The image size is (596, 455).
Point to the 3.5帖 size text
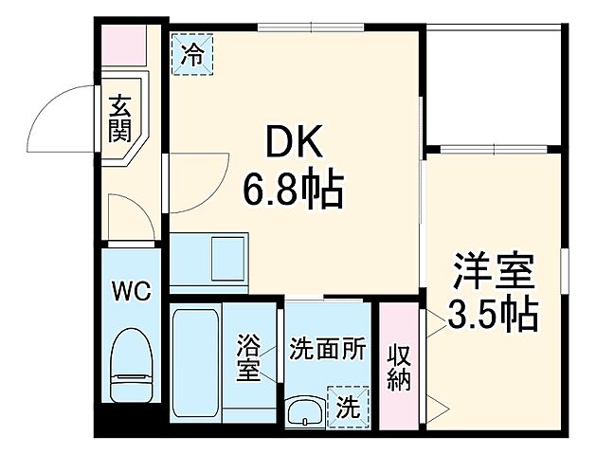pyautogui.click(x=493, y=313)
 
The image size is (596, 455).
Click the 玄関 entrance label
pyautogui.click(x=119, y=118)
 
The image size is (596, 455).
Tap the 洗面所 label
pyautogui.click(x=327, y=348)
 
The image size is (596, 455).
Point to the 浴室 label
pyautogui.click(x=248, y=357)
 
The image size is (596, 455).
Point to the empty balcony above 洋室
pyautogui.click(x=492, y=85)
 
